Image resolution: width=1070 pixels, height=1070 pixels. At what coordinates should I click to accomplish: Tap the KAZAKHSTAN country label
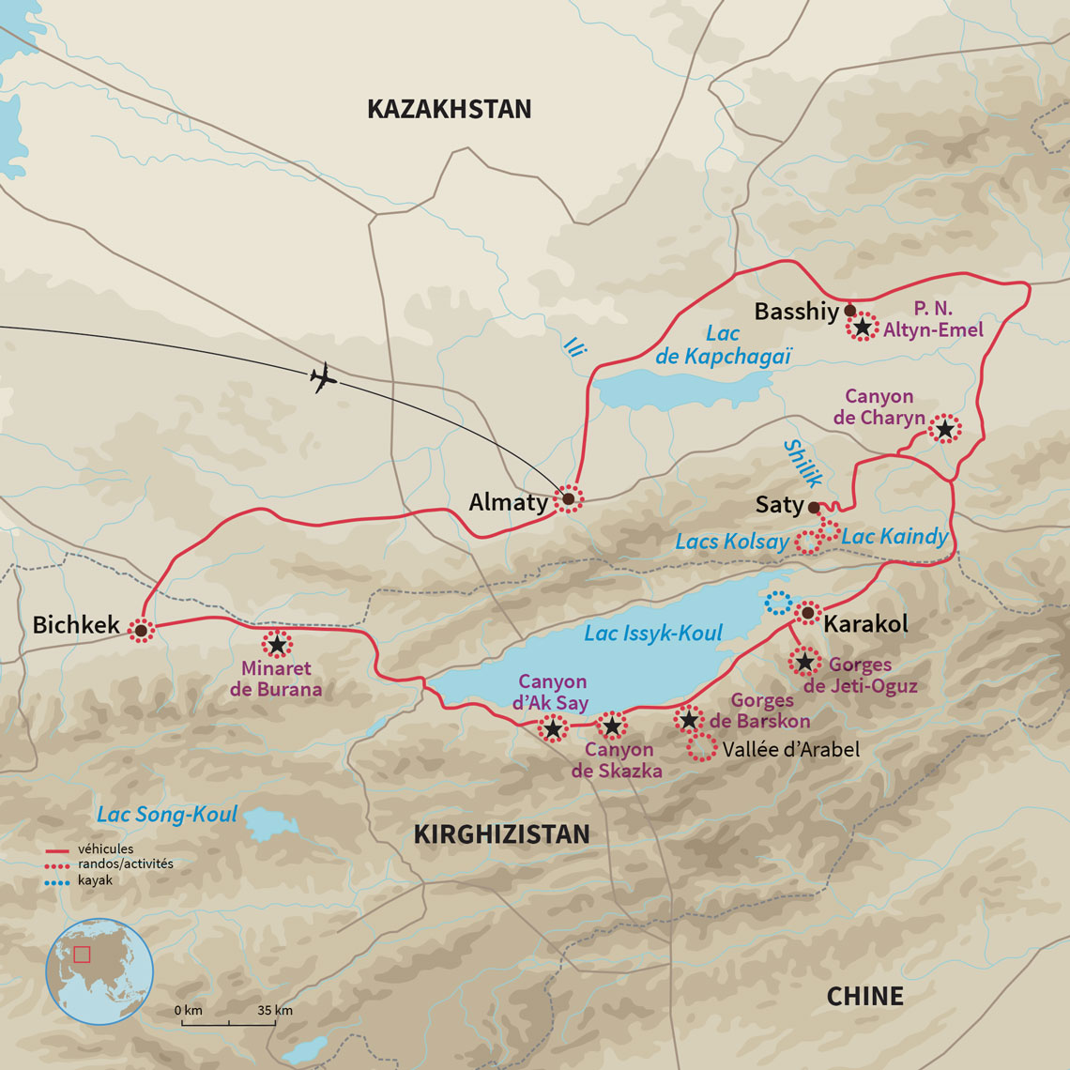(x=449, y=109)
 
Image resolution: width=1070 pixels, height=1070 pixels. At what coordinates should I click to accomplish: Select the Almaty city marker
(x=568, y=499)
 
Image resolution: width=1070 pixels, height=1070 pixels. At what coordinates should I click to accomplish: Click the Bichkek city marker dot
(x=141, y=631)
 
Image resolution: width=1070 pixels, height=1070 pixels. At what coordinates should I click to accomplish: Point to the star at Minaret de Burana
(x=277, y=645)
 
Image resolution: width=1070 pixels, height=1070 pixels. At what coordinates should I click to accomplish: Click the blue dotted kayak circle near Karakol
(x=778, y=603)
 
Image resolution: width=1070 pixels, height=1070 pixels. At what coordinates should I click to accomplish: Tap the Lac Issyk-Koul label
(x=653, y=634)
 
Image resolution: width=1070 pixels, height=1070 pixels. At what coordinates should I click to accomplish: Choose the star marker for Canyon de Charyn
(x=944, y=429)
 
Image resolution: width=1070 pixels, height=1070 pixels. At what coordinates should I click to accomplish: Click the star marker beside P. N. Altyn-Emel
(x=862, y=327)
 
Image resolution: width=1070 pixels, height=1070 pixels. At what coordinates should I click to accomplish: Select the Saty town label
(x=779, y=505)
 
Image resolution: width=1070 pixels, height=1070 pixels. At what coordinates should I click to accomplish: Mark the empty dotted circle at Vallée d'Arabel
(x=700, y=749)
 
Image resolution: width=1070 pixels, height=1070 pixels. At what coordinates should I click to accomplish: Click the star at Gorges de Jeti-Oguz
(x=804, y=662)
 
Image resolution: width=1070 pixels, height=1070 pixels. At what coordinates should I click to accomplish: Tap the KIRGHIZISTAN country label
(x=501, y=833)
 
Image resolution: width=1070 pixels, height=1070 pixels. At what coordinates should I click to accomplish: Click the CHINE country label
(x=864, y=996)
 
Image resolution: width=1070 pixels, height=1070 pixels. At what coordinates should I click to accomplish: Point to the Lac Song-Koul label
(x=167, y=814)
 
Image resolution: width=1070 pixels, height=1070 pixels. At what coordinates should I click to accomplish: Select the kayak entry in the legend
(x=95, y=880)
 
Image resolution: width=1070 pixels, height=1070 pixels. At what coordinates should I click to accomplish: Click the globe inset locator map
(x=99, y=971)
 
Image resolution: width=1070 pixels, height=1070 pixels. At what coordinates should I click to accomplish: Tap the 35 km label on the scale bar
(x=274, y=1011)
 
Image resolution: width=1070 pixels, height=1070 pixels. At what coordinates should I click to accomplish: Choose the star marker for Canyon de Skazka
(x=612, y=725)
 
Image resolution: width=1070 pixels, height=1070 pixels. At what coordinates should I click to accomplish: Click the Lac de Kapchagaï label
(x=724, y=344)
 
